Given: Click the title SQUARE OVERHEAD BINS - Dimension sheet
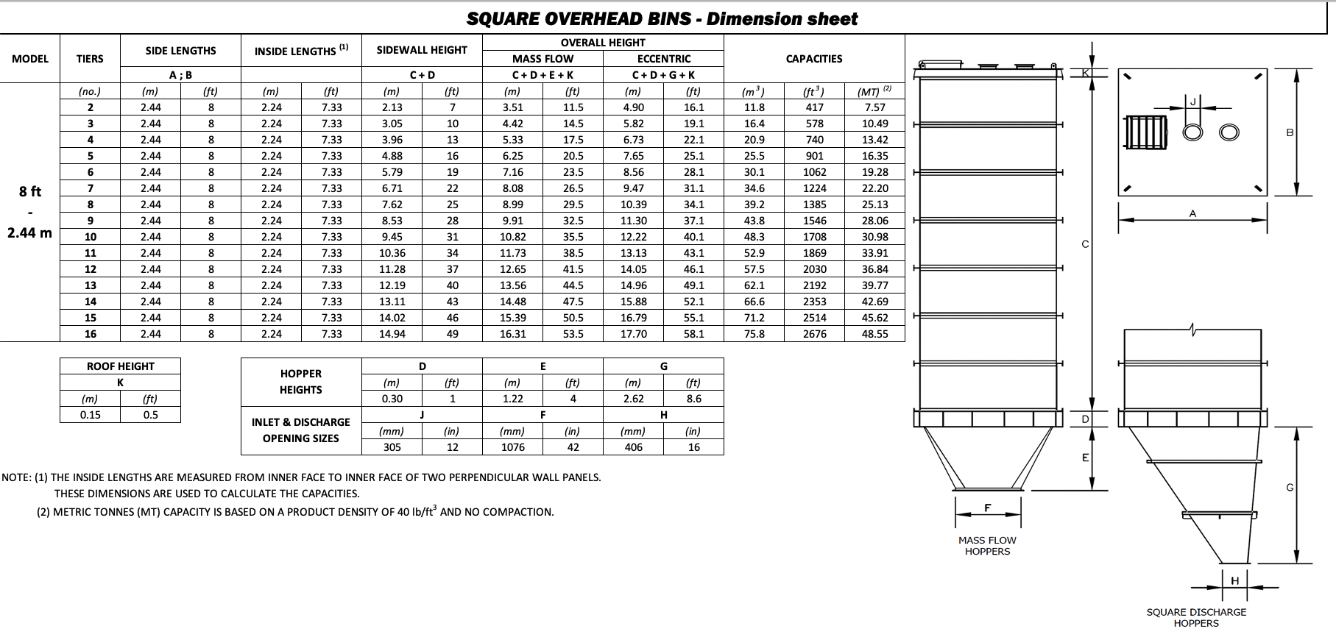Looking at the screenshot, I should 662,19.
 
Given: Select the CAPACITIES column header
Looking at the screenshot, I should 813,59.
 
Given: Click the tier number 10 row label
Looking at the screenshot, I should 91,237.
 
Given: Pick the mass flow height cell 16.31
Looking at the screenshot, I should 512,334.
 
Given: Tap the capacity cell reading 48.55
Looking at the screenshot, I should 874,334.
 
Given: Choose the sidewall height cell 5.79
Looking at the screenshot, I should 392,172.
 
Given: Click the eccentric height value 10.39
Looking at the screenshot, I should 633,205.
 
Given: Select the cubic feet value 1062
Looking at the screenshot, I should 814,172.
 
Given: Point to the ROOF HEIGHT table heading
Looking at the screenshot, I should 120,366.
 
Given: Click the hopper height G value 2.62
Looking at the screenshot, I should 633,399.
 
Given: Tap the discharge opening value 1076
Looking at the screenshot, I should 512,447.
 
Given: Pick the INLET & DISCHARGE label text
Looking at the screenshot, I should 300,422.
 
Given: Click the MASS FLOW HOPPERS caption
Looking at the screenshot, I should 987,546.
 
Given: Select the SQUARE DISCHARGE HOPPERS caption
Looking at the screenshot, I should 1196,617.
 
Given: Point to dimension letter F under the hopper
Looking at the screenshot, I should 988,508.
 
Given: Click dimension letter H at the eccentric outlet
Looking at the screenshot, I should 1234,580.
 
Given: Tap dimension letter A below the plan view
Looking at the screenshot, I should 1192,213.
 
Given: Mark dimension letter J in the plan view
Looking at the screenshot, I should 1193,102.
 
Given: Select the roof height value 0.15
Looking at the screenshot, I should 90,415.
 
